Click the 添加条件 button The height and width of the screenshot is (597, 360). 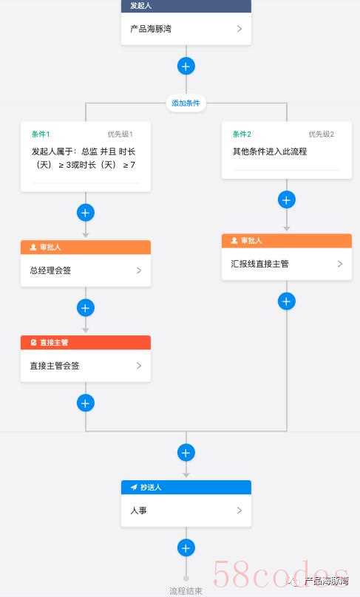(186, 103)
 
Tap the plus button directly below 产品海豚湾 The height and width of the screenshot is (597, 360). (186, 66)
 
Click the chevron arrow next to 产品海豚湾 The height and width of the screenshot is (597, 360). (240, 29)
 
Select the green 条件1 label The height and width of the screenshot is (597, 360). (41, 134)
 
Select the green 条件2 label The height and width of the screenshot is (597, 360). (242, 134)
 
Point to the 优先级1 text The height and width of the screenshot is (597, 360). (120, 134)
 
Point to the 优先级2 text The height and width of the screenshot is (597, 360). (321, 134)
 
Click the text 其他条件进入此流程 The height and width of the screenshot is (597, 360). (270, 151)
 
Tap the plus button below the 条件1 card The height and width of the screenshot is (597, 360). (85, 213)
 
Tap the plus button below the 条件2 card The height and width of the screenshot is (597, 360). (287, 200)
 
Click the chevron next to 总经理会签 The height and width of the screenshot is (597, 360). (139, 270)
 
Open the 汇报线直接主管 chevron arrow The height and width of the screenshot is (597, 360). (340, 264)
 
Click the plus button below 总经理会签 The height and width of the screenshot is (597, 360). (85, 307)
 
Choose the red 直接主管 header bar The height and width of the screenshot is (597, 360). (86, 342)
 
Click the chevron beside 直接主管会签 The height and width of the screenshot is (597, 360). (139, 366)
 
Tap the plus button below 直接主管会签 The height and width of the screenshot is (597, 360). (85, 403)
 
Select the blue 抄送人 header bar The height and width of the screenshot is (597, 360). (186, 488)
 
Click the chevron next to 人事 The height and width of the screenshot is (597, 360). (240, 511)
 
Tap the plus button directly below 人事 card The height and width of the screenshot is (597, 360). (186, 547)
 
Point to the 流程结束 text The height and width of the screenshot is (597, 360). (186, 591)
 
